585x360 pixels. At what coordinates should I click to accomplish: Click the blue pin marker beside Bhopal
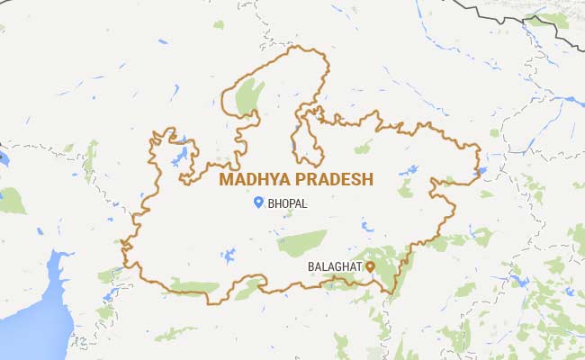258,203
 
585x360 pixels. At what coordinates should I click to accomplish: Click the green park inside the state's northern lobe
249,96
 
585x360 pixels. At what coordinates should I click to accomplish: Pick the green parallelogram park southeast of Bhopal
301,242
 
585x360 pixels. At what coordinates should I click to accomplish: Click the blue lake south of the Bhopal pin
228,256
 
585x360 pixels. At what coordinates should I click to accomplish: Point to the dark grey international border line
504,13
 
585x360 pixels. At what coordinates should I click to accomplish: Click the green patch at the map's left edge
12,200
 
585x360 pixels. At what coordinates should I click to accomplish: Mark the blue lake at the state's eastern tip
480,170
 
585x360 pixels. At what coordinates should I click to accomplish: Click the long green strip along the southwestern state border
193,288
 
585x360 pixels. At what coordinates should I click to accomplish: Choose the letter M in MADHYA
226,180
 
